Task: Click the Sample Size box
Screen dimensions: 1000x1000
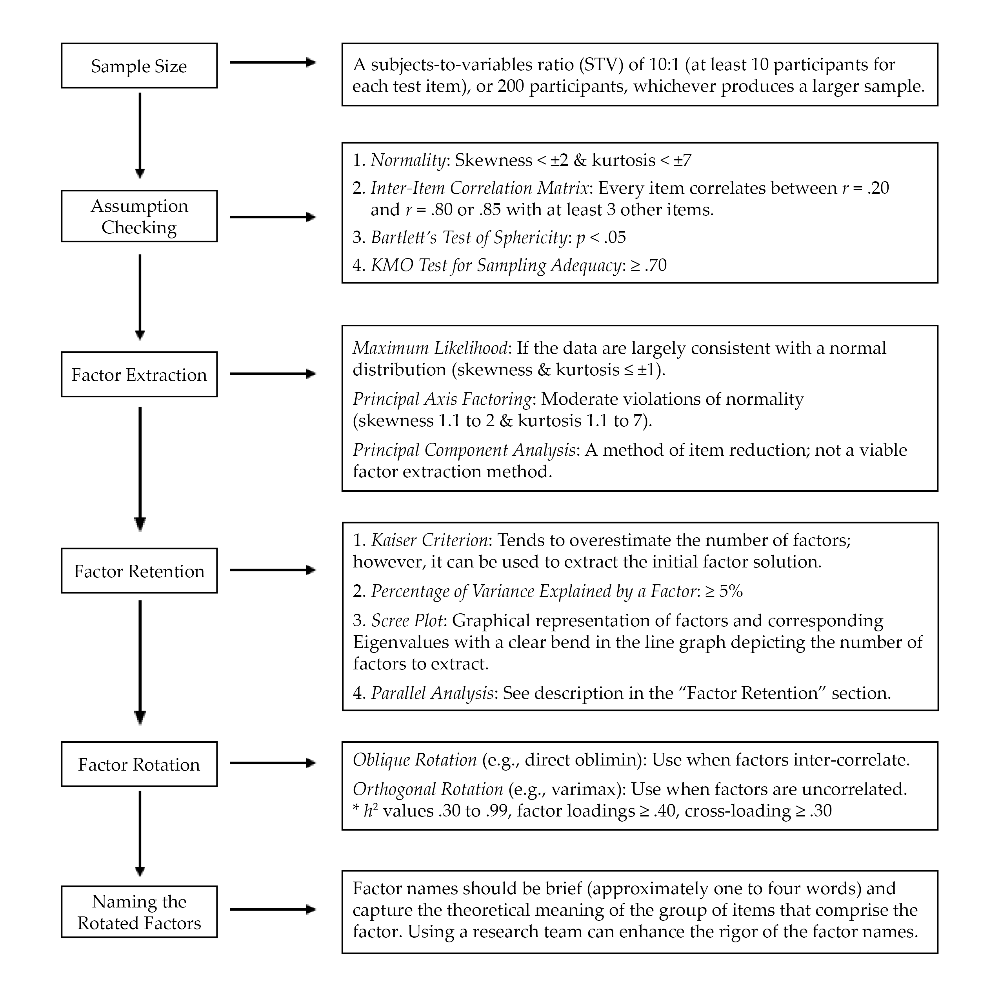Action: pos(139,66)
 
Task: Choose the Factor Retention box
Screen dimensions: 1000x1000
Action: pos(139,571)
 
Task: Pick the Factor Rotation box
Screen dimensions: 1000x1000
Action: pos(139,764)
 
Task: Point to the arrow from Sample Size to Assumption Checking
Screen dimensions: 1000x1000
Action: pos(140,135)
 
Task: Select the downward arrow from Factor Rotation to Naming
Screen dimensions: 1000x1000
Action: pos(140,833)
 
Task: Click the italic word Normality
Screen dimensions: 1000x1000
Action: pos(408,160)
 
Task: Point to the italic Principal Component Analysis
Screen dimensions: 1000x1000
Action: pos(464,450)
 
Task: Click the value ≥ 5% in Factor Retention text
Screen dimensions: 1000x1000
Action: pos(724,591)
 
